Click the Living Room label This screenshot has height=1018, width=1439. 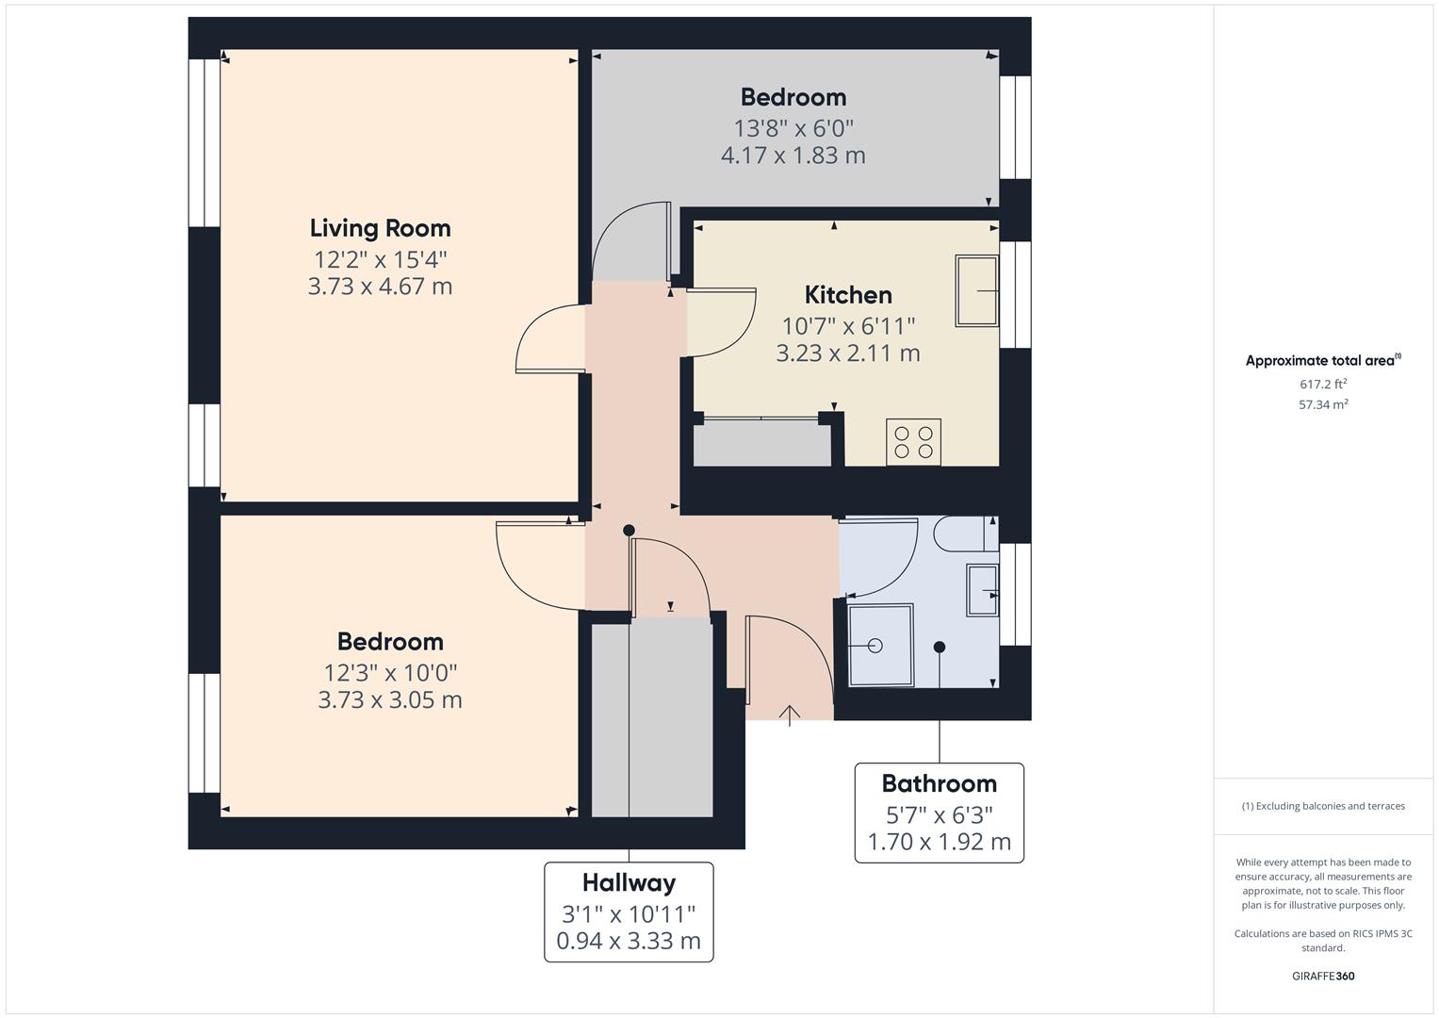pos(380,228)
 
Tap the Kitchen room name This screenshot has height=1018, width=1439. pos(848,295)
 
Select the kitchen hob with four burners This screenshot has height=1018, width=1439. pos(913,442)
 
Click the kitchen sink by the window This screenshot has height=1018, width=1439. pos(976,290)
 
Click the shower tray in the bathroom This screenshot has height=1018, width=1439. pos(880,645)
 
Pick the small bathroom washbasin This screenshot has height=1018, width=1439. pos(982,591)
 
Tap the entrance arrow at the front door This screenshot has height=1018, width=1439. pos(790,715)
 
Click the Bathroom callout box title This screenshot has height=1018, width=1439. pos(939,783)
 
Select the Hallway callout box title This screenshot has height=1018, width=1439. pos(629,882)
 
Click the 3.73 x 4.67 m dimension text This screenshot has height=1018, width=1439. pos(380,287)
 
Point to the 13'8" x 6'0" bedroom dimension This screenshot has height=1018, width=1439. pos(793,128)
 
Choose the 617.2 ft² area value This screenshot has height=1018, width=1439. pos(1323,384)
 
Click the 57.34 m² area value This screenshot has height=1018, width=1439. pos(1323,404)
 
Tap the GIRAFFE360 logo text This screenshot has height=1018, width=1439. pos(1323,976)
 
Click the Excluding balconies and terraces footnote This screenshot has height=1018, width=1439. pos(1323,806)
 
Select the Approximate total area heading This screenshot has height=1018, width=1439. pos(1322,360)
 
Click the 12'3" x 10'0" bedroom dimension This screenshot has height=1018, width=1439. pos(390,673)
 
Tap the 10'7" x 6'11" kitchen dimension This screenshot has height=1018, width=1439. pos(848,326)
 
